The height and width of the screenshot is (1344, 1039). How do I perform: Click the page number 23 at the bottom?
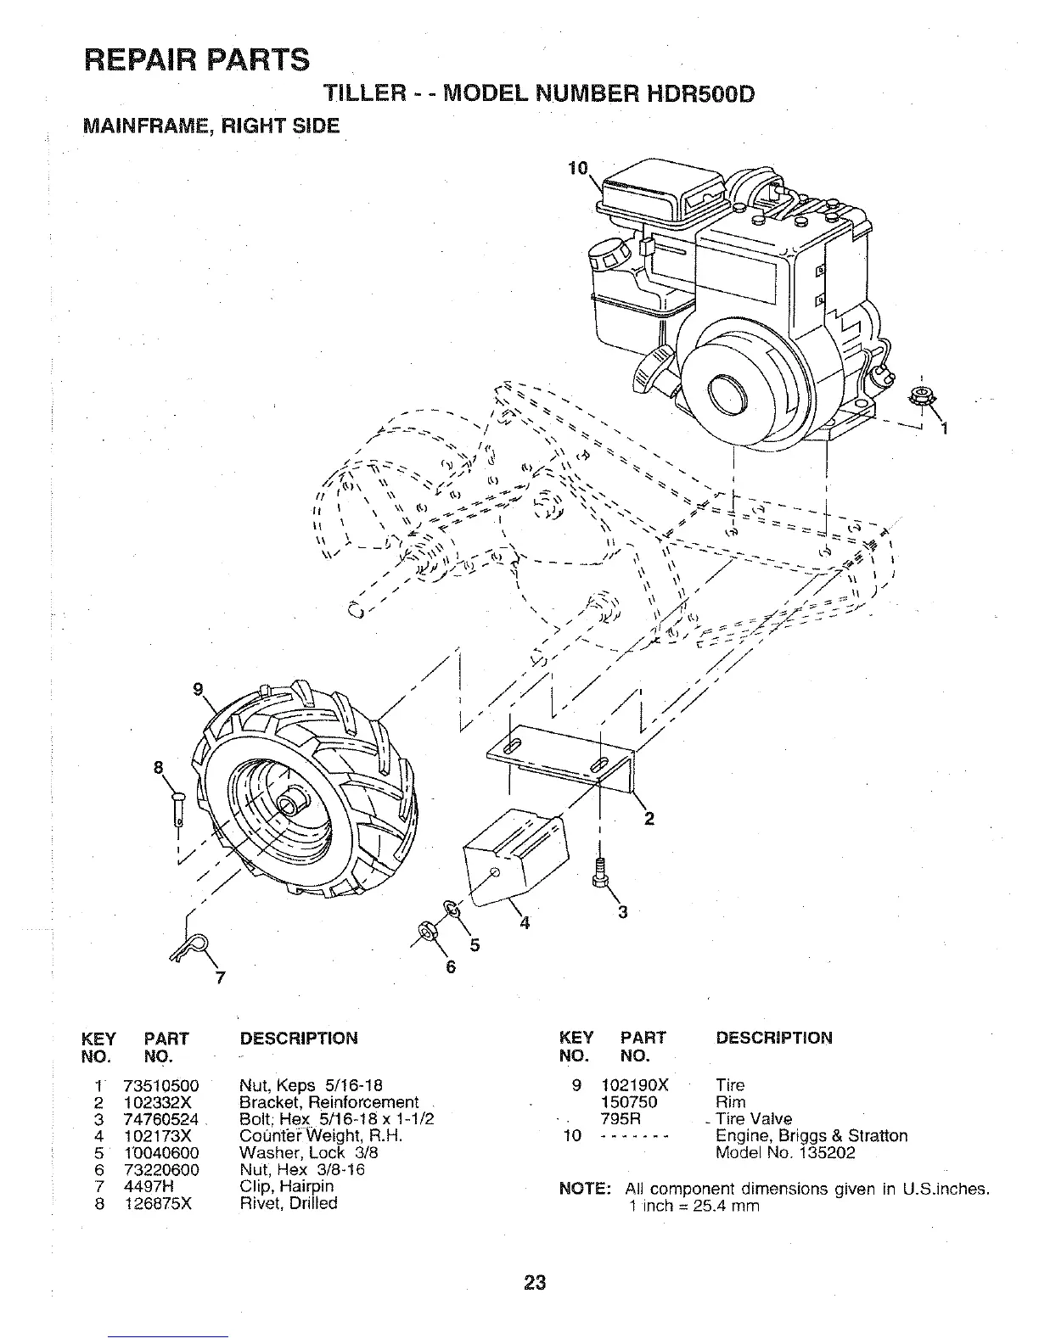535,1282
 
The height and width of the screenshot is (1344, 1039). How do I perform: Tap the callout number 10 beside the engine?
577,168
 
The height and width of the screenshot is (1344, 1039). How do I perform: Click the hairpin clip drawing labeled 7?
192,947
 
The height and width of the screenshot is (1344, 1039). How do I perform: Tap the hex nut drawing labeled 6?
428,934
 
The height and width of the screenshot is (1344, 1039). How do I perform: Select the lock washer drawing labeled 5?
452,910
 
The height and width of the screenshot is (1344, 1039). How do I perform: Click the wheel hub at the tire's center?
295,800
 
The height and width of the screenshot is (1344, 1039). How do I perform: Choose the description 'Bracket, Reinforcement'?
329,1102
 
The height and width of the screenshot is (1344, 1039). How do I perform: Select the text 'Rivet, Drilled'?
289,1203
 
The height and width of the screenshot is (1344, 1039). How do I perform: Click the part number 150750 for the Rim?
629,1102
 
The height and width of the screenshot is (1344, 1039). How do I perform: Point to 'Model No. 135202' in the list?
785,1153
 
